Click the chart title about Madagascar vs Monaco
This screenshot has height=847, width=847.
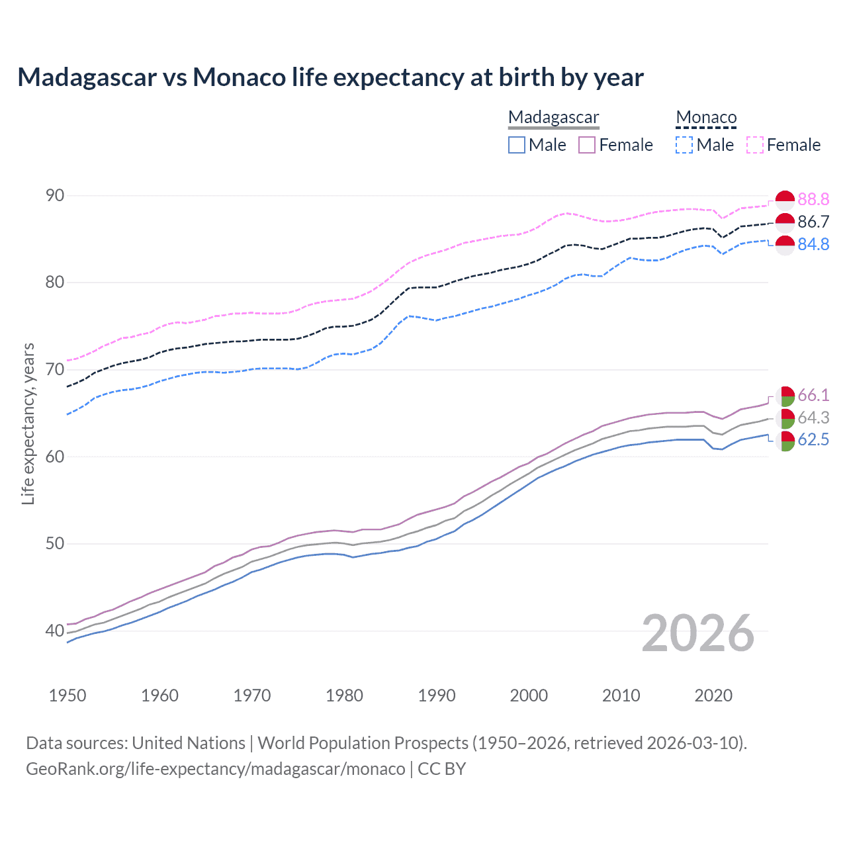click(x=330, y=77)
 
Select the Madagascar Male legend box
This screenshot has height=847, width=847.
click(x=517, y=145)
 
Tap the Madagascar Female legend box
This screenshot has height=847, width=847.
click(x=587, y=145)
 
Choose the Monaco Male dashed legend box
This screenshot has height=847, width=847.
click(x=684, y=145)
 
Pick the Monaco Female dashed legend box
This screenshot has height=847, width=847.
click(x=755, y=145)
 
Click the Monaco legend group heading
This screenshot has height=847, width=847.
click(x=706, y=117)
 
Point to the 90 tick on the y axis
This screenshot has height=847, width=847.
click(x=55, y=195)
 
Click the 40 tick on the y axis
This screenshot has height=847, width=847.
click(x=55, y=631)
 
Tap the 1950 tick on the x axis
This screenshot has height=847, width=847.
click(x=67, y=695)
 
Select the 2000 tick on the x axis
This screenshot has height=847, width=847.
click(x=529, y=695)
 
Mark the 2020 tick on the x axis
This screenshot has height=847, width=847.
click(x=713, y=695)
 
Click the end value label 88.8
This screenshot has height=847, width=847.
click(x=813, y=199)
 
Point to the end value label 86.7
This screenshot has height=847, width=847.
click(x=813, y=222)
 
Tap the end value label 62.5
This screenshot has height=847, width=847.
click(x=813, y=440)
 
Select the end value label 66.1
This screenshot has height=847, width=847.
click(x=813, y=395)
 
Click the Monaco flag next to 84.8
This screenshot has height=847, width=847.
click(x=785, y=244)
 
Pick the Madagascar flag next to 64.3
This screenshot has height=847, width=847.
click(x=785, y=418)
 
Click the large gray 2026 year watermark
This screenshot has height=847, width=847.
click(x=698, y=633)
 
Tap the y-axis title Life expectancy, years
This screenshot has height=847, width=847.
click(x=28, y=423)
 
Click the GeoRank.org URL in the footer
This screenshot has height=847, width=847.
click(x=215, y=769)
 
